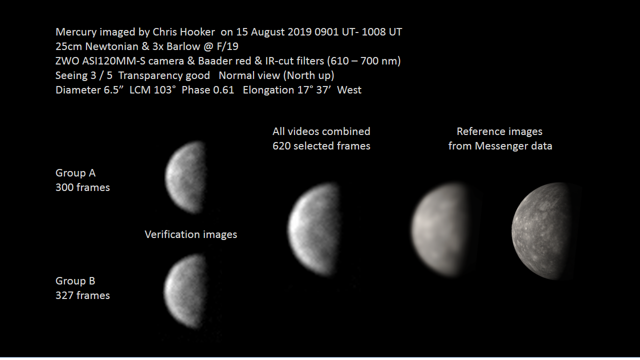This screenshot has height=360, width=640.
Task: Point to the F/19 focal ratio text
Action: tap(227, 46)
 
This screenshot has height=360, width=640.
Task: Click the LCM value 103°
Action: tap(164, 90)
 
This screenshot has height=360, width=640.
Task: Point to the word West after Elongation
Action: tap(349, 90)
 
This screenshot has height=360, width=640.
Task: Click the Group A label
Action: tap(75, 173)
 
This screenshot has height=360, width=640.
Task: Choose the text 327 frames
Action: tap(82, 295)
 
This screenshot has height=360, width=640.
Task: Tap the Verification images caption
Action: tap(191, 234)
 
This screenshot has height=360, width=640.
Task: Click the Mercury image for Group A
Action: tap(185, 177)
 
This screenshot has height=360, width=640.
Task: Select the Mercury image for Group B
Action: tap(184, 291)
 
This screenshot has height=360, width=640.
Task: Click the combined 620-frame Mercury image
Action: tap(313, 229)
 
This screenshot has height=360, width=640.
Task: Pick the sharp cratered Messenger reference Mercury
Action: tap(541, 231)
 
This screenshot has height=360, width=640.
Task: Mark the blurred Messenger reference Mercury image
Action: tap(439, 229)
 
